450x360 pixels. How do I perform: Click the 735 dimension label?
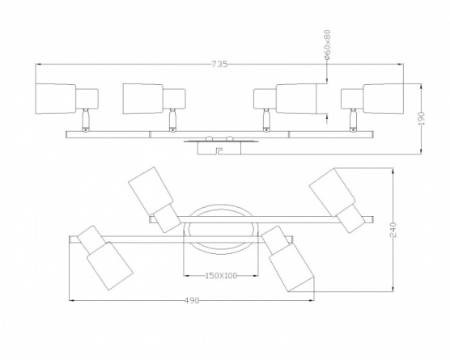click(220, 64)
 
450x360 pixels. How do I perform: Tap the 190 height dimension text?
click(422, 118)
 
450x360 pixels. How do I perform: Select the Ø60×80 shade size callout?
click(329, 44)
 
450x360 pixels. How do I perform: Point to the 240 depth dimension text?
click(393, 230)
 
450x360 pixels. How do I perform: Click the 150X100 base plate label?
click(221, 276)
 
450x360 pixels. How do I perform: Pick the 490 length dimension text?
click(192, 300)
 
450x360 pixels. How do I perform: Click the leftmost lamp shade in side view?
click(56, 99)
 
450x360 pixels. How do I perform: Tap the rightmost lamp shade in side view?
click(384, 99)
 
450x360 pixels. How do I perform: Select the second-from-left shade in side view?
click(143, 99)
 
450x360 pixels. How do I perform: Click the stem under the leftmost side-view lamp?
click(86, 121)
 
